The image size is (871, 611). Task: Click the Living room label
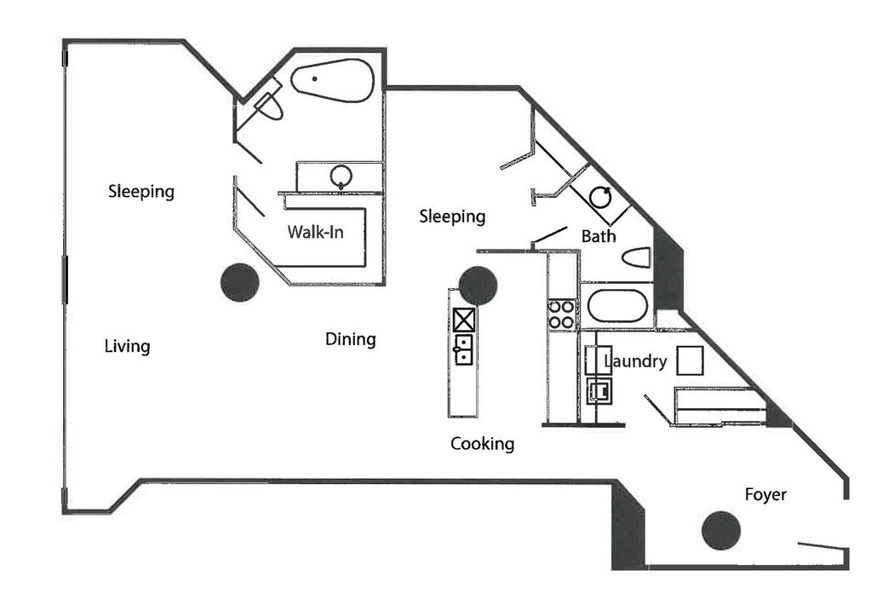point(127,346)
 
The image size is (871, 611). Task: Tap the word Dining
point(350,339)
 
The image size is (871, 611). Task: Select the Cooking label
point(482,443)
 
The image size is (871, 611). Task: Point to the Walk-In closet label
point(315,231)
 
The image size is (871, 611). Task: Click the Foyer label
point(765,494)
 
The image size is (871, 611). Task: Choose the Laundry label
point(635,361)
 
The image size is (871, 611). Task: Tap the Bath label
point(599,236)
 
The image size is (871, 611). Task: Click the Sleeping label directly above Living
point(141,191)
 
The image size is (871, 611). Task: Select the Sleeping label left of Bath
point(452,216)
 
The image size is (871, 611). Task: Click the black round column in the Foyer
point(720,531)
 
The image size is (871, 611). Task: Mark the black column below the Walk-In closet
point(239,282)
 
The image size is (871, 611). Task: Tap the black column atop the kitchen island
point(478,285)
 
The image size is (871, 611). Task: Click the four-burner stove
point(561,314)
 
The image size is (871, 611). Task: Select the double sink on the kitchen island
point(463,349)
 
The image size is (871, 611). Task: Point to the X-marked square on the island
point(464,320)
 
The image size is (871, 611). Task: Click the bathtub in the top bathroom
point(333,81)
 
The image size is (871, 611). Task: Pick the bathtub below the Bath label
point(616,306)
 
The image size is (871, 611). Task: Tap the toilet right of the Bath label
point(636,257)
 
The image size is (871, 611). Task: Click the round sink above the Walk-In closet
point(341,176)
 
